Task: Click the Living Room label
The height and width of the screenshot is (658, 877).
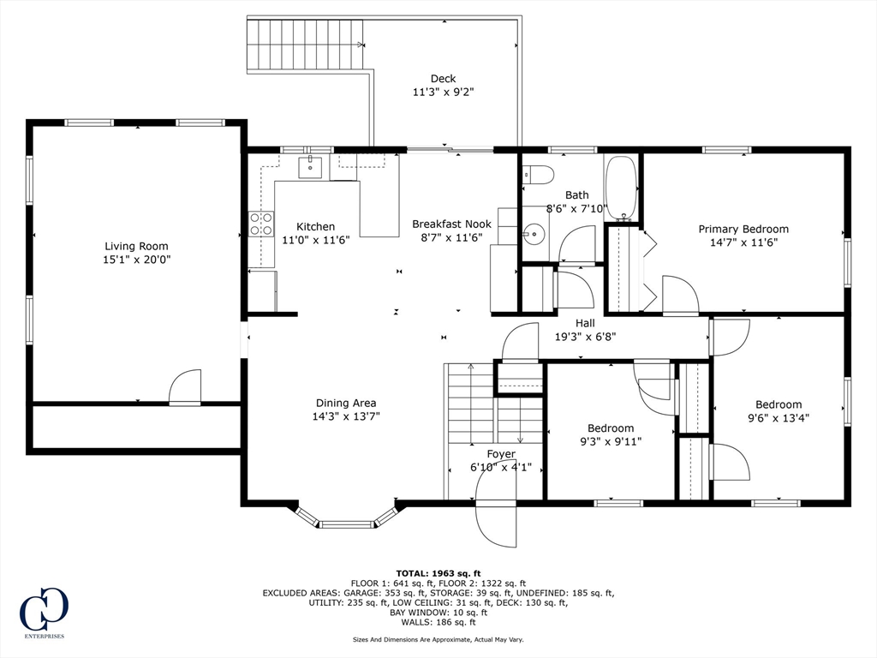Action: tap(136, 246)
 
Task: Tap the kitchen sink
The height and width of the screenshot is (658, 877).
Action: tap(310, 167)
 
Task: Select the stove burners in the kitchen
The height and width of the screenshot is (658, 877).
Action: tap(261, 224)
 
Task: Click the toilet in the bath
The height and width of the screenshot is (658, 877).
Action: tap(538, 174)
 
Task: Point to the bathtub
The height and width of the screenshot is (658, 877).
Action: tap(621, 188)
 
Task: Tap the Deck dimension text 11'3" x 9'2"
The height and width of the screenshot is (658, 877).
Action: tap(444, 93)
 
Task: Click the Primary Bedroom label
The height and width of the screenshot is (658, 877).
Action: tap(743, 229)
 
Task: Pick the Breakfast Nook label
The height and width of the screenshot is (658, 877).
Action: tap(452, 224)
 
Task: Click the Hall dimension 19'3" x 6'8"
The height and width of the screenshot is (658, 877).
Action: tap(585, 337)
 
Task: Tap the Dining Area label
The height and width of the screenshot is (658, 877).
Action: tap(346, 403)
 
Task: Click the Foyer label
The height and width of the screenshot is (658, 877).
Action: tap(501, 454)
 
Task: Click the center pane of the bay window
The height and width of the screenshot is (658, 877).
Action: tap(347, 524)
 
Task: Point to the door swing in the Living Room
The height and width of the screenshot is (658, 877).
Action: tap(185, 386)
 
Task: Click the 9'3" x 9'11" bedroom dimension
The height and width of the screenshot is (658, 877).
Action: tap(611, 441)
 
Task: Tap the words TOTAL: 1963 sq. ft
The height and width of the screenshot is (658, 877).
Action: tap(438, 573)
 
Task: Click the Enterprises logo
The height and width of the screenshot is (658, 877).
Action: tap(44, 613)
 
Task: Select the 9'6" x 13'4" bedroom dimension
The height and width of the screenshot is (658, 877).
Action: tap(779, 418)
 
